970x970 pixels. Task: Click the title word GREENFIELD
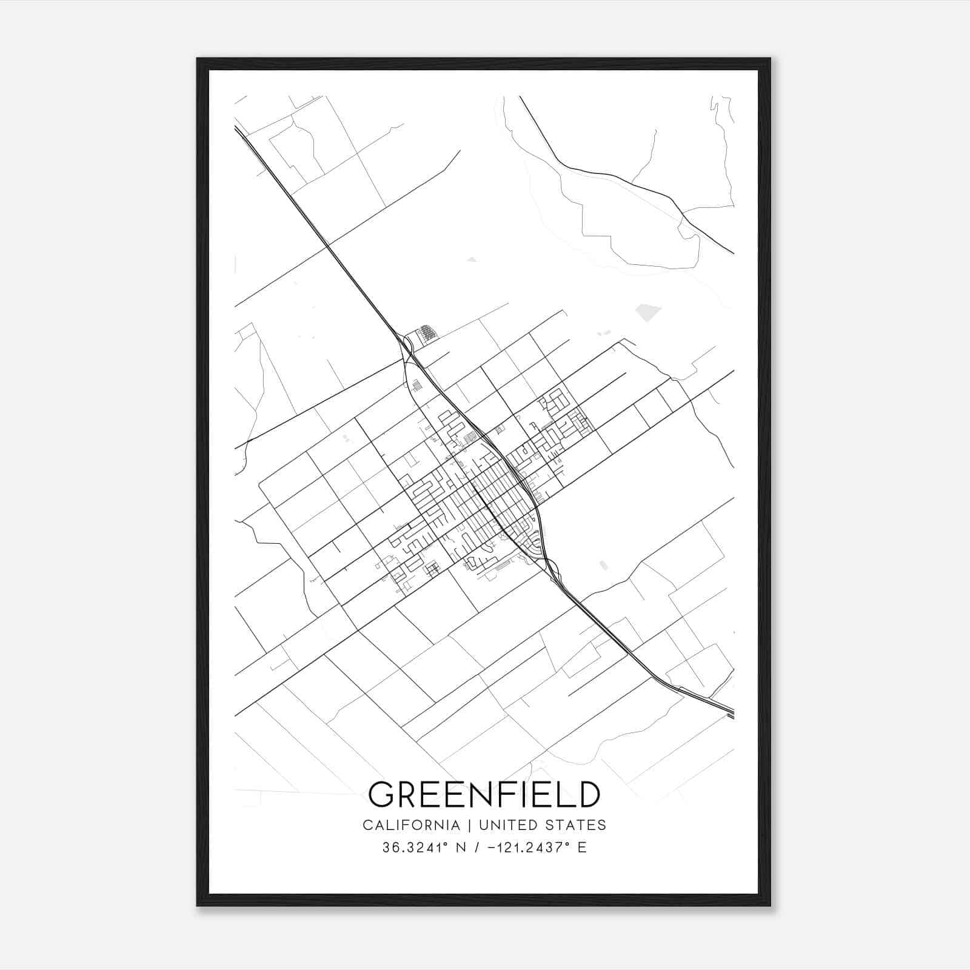484,794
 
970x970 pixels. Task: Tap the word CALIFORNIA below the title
410,825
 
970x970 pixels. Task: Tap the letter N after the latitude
461,848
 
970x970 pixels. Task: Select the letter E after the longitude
582,848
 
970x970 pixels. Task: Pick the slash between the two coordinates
478,848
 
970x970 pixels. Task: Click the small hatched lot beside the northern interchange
428,333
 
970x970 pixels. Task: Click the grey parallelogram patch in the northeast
647,312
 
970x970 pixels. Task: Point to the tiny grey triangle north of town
472,260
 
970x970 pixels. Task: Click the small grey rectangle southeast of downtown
603,565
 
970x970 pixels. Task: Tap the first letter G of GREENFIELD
382,794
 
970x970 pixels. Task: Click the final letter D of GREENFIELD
588,794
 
